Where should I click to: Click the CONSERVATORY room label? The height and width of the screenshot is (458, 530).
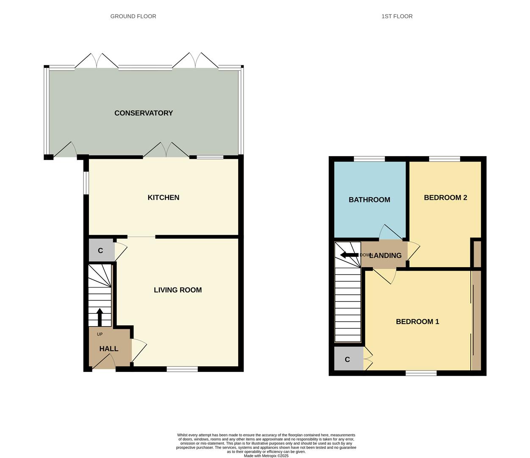click(x=144, y=113)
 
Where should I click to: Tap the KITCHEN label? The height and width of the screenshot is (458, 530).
click(x=164, y=197)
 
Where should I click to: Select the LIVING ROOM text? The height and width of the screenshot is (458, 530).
click(x=178, y=290)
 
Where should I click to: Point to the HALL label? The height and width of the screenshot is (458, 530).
click(x=109, y=349)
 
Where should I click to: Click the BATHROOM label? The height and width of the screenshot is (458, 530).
click(x=369, y=200)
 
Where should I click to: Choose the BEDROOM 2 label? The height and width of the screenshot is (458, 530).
click(x=445, y=197)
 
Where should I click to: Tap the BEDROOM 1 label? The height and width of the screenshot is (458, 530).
click(x=417, y=321)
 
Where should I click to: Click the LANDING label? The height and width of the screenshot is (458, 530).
click(x=386, y=255)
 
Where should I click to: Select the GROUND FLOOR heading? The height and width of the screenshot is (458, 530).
click(x=133, y=16)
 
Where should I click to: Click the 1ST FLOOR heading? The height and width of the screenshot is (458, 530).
click(x=397, y=16)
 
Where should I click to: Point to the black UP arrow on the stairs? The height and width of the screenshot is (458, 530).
click(x=100, y=316)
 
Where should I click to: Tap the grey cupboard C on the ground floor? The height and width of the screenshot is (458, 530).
click(x=101, y=251)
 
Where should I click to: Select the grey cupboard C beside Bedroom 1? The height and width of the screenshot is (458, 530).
click(x=348, y=359)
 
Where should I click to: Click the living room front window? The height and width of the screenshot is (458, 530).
click(x=182, y=369)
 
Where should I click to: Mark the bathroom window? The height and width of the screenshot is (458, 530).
click(x=369, y=159)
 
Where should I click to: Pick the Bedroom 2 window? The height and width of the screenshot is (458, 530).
click(x=444, y=159)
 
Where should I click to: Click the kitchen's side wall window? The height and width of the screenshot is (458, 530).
click(x=86, y=183)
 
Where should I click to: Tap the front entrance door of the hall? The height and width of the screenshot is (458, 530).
click(x=104, y=363)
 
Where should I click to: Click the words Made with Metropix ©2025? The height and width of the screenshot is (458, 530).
click(x=266, y=456)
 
